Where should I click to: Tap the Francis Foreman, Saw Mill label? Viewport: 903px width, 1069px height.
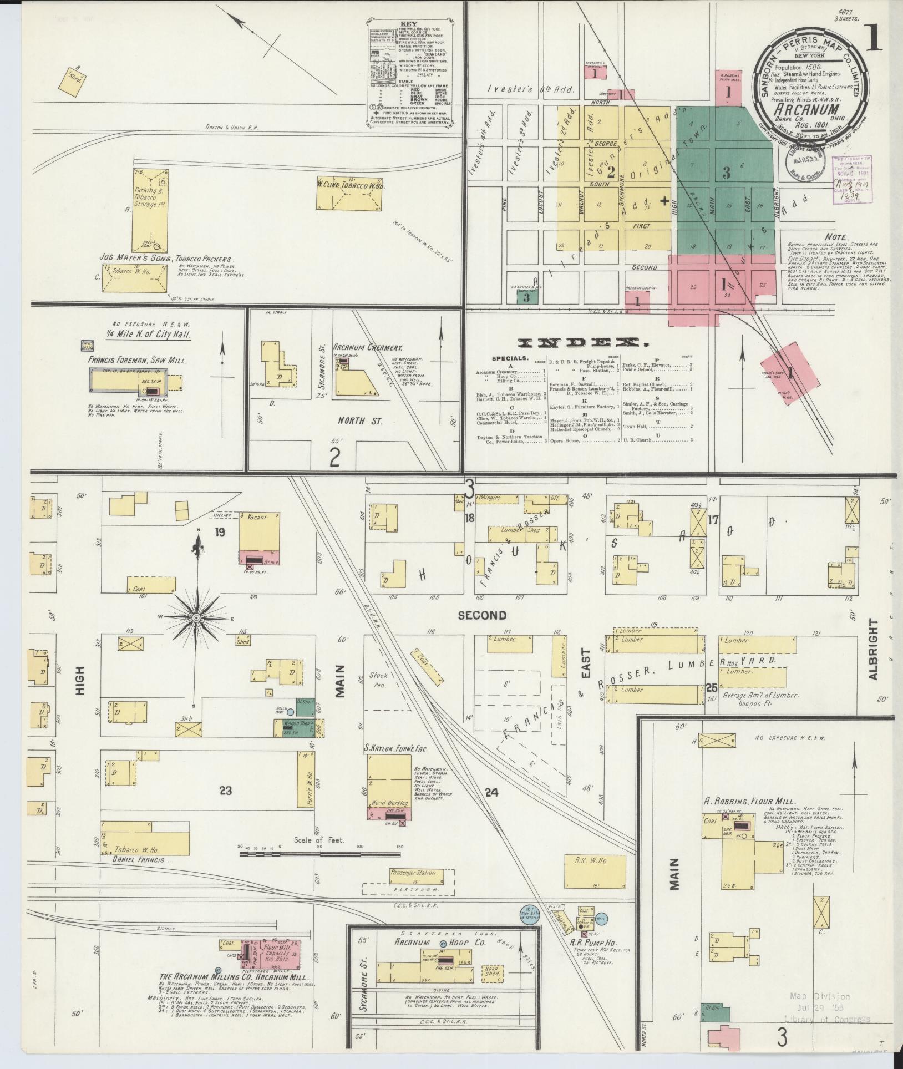pos(137,360)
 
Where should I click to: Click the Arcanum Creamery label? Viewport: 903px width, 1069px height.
pos(367,347)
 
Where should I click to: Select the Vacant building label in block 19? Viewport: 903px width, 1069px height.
pos(257,517)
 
